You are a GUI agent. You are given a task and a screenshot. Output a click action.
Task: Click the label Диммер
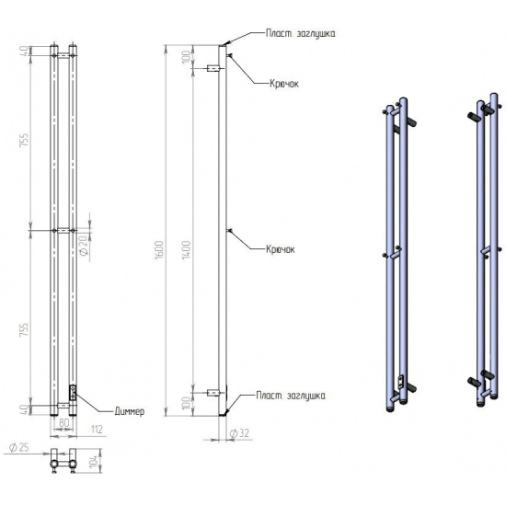click(x=130, y=411)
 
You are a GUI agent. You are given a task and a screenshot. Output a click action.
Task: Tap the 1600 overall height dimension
click(x=160, y=249)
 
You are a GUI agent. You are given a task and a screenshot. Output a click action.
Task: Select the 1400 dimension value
click(x=186, y=250)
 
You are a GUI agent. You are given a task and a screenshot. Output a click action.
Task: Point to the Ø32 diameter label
click(x=239, y=433)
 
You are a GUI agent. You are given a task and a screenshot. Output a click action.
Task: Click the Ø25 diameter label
click(x=18, y=448)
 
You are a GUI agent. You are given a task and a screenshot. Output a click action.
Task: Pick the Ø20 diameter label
click(x=84, y=246)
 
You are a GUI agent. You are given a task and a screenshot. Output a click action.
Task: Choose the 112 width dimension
click(x=97, y=430)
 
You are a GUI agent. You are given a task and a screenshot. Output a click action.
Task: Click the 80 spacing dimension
click(x=64, y=423)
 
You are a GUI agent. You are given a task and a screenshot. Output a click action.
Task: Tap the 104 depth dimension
click(x=94, y=463)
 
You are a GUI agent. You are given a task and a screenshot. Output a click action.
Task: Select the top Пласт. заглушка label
click(x=300, y=33)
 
